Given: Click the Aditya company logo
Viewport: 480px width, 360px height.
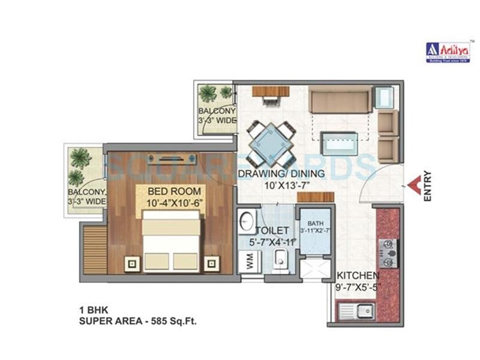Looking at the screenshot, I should (446, 52).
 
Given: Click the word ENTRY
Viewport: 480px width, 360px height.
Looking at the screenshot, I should (427, 186).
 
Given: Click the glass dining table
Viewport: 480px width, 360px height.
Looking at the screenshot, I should (271, 144).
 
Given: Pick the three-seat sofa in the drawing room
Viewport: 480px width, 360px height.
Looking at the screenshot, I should (339, 100).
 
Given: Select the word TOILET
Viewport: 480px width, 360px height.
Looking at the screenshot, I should (274, 230).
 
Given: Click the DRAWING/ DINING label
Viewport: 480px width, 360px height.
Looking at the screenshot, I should (281, 174).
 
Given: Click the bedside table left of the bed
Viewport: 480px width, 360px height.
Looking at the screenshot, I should (131, 262).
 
